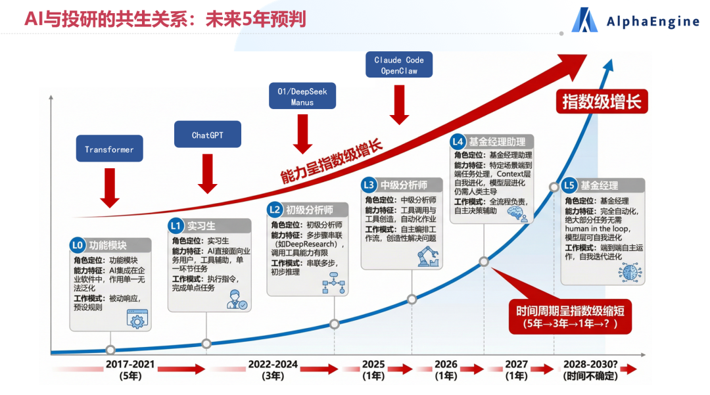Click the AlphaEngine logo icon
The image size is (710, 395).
pyautogui.click(x=584, y=20)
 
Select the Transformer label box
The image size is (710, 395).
pyautogui.click(x=109, y=149)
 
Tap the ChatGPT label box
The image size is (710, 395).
pyautogui.click(x=207, y=135)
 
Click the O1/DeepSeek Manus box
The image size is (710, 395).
pyautogui.click(x=302, y=97)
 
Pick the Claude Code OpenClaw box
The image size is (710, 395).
pyautogui.click(x=399, y=65)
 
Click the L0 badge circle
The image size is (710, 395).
pyautogui.click(x=78, y=245)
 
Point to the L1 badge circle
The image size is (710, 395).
pyautogui.click(x=176, y=226)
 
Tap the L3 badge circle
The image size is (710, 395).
pyautogui.click(x=369, y=185)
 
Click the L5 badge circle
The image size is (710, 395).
pyautogui.click(x=569, y=185)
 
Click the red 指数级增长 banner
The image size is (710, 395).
pyautogui.click(x=601, y=102)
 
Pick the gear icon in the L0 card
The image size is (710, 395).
pyautogui.click(x=137, y=319)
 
